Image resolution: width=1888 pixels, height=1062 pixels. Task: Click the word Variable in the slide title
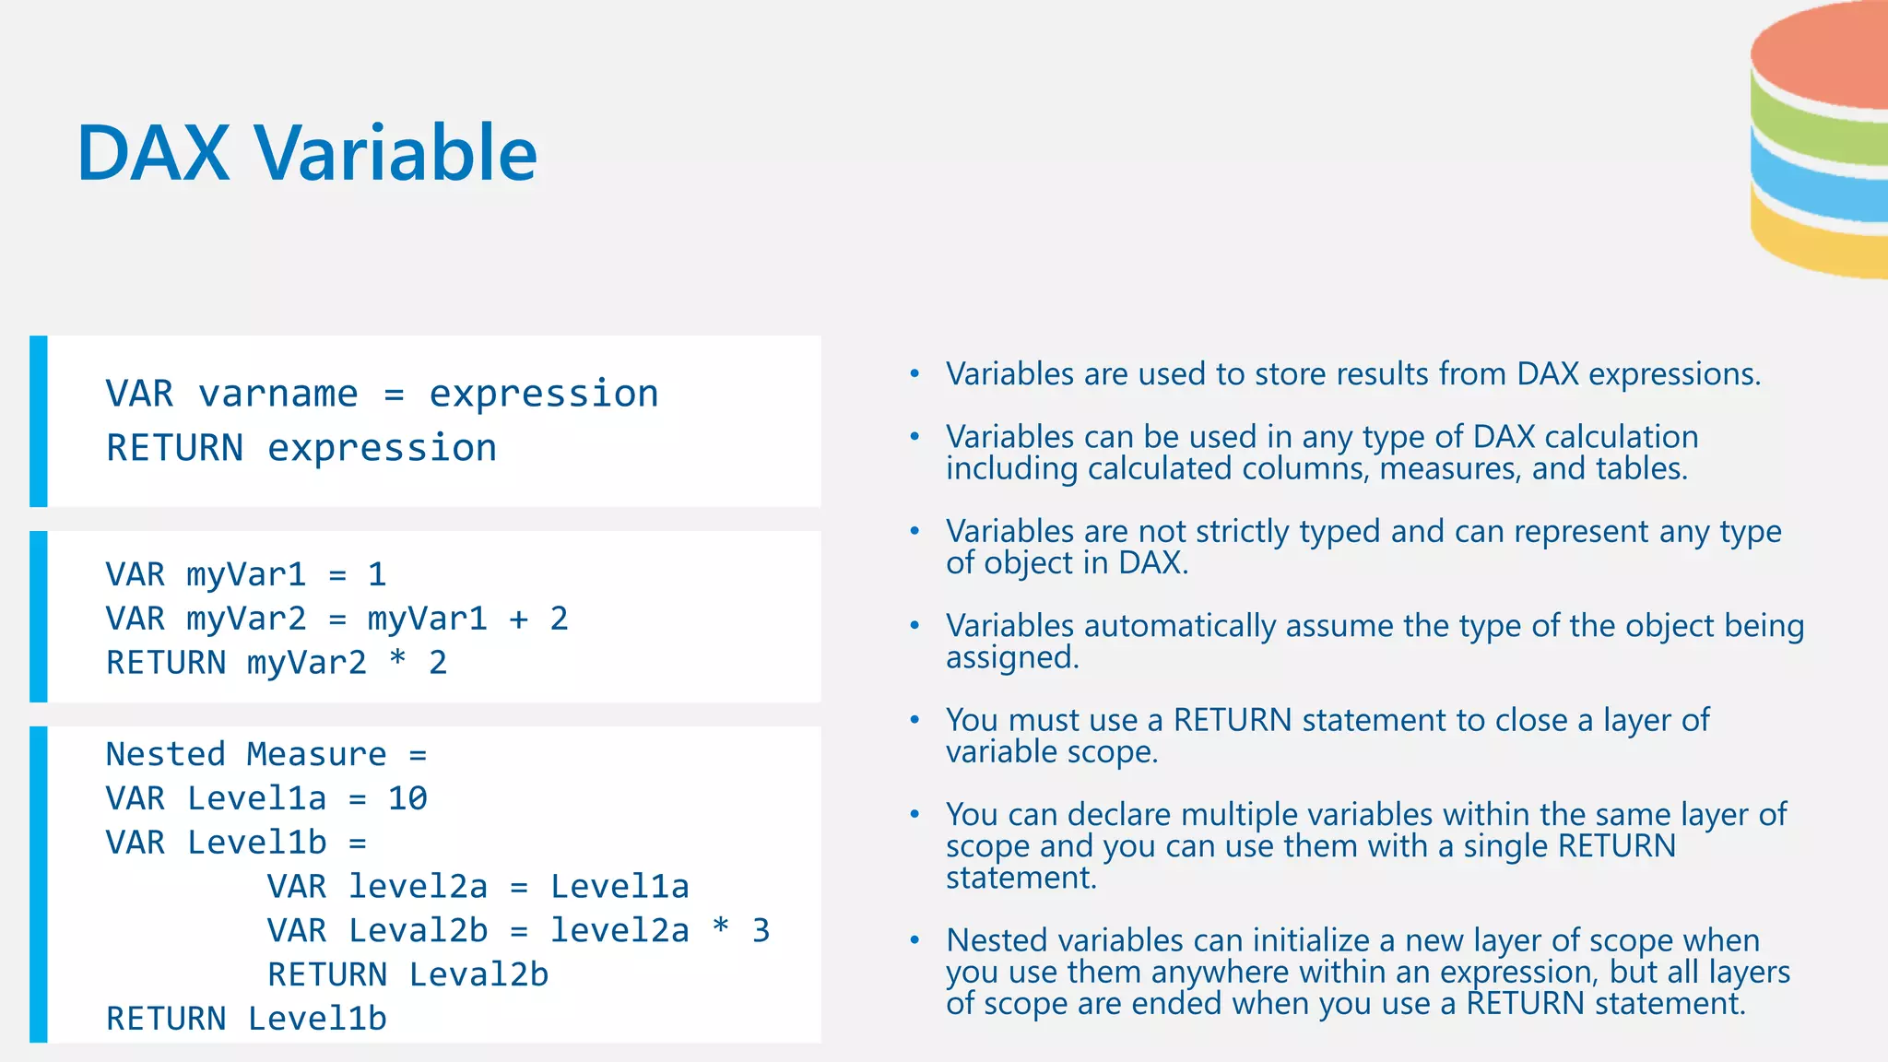[396, 153]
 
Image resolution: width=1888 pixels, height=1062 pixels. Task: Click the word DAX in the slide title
[153, 153]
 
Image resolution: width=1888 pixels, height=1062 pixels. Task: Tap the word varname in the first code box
[278, 394]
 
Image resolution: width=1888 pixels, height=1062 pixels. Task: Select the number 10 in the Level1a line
[407, 798]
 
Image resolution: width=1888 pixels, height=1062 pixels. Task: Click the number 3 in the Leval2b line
[761, 930]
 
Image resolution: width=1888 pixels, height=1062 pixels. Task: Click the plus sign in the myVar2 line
[519, 619]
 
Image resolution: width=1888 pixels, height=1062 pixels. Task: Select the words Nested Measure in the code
[246, 754]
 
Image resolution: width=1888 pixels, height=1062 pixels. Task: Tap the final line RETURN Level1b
[246, 1019]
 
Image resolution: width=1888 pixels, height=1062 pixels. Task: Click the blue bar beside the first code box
[39, 421]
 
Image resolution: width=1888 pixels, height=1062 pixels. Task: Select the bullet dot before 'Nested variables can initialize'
[914, 940]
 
